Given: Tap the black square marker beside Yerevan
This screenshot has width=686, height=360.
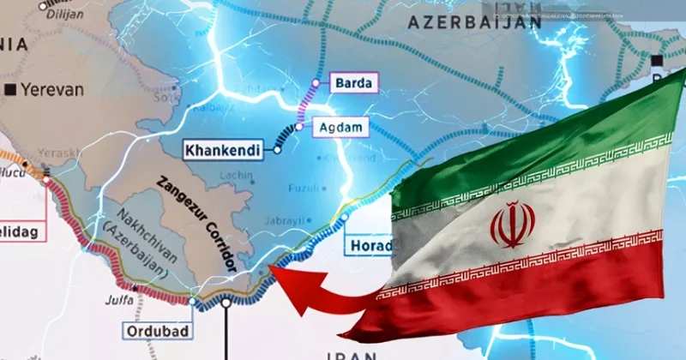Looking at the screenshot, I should tap(10, 88).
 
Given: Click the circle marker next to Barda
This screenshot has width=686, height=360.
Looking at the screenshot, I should tap(316, 83).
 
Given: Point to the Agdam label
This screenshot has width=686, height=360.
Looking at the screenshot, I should tap(342, 128).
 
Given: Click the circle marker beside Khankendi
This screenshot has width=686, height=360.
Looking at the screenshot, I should tap(278, 150).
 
